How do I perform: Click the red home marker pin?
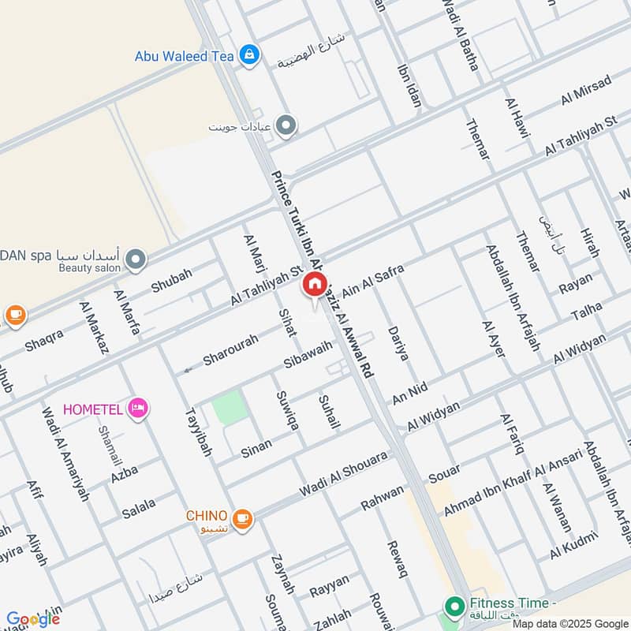click(x=314, y=285)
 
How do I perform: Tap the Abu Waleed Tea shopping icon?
click(x=249, y=55)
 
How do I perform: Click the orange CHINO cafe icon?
click(x=242, y=518)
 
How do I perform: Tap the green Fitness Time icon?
click(x=454, y=607)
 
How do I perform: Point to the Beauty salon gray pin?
click(x=136, y=259)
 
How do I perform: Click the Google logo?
click(x=32, y=619)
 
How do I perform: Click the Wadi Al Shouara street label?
click(x=343, y=474)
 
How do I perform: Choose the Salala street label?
click(x=139, y=507)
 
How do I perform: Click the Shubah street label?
click(x=171, y=280)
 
